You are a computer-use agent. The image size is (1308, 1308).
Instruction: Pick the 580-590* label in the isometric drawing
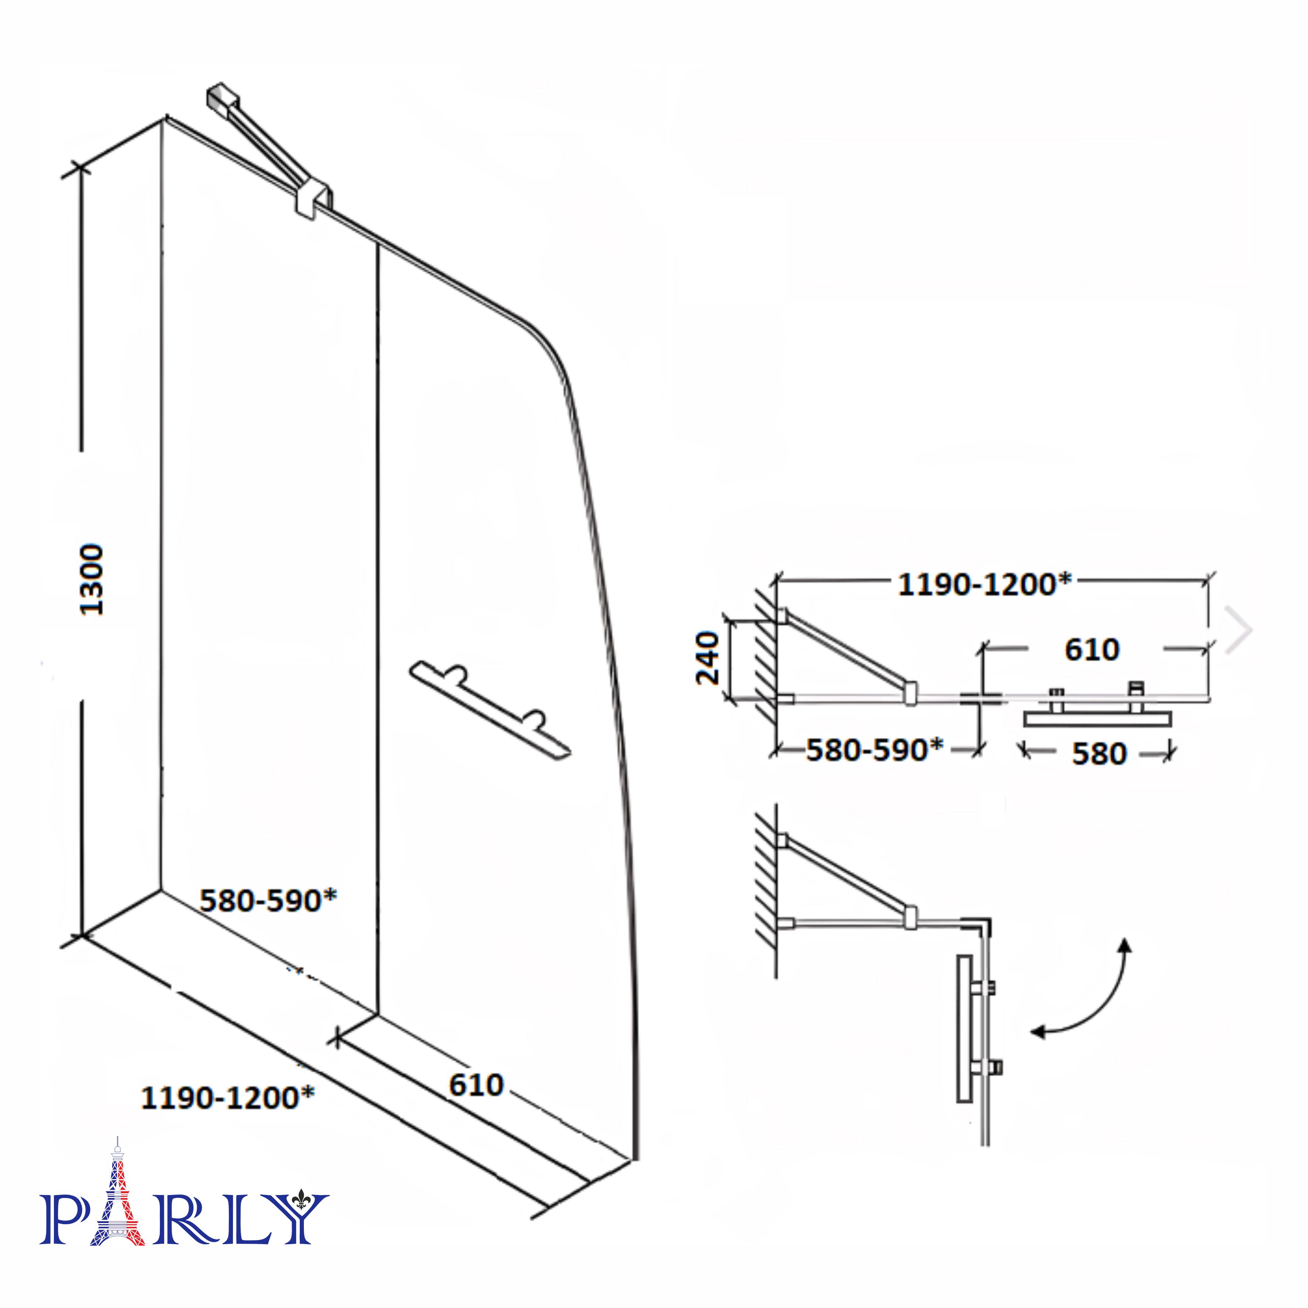coord(268,900)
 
